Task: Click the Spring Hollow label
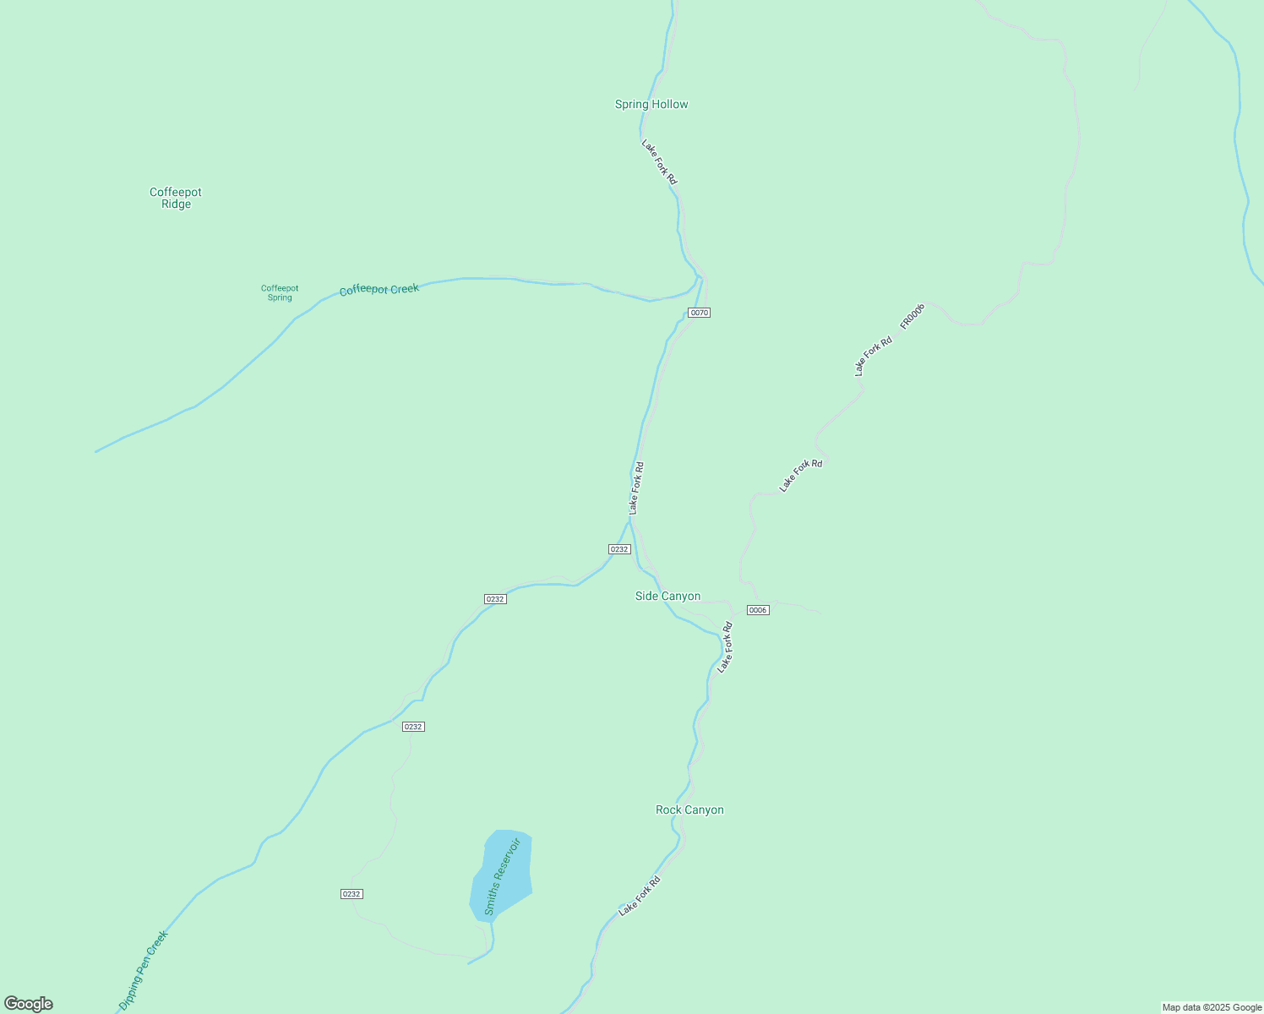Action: pyautogui.click(x=651, y=105)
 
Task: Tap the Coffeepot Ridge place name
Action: pyautogui.click(x=176, y=198)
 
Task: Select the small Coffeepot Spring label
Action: pyautogui.click(x=280, y=292)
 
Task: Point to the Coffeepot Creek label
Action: pyautogui.click(x=379, y=290)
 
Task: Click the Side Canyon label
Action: pyautogui.click(x=667, y=597)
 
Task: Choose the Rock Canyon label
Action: pyautogui.click(x=689, y=810)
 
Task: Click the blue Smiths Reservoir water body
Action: pyautogui.click(x=502, y=875)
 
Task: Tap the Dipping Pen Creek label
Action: pyautogui.click(x=144, y=970)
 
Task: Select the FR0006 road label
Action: pyautogui.click(x=913, y=315)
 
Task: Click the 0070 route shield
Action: pyautogui.click(x=699, y=313)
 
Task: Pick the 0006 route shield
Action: pyautogui.click(x=758, y=610)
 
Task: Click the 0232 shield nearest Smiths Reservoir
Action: pyautogui.click(x=351, y=894)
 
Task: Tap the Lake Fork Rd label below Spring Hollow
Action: pyautogui.click(x=659, y=162)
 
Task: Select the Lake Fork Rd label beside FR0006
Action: pyautogui.click(x=873, y=356)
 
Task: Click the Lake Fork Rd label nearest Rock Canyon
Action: pyautogui.click(x=640, y=896)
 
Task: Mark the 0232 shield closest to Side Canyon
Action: pyautogui.click(x=619, y=549)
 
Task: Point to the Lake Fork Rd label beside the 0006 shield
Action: pyautogui.click(x=725, y=647)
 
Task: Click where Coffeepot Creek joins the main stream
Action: pyautogui.click(x=699, y=277)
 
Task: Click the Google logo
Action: pyautogui.click(x=29, y=1004)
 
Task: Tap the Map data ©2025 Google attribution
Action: pyautogui.click(x=1212, y=1007)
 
